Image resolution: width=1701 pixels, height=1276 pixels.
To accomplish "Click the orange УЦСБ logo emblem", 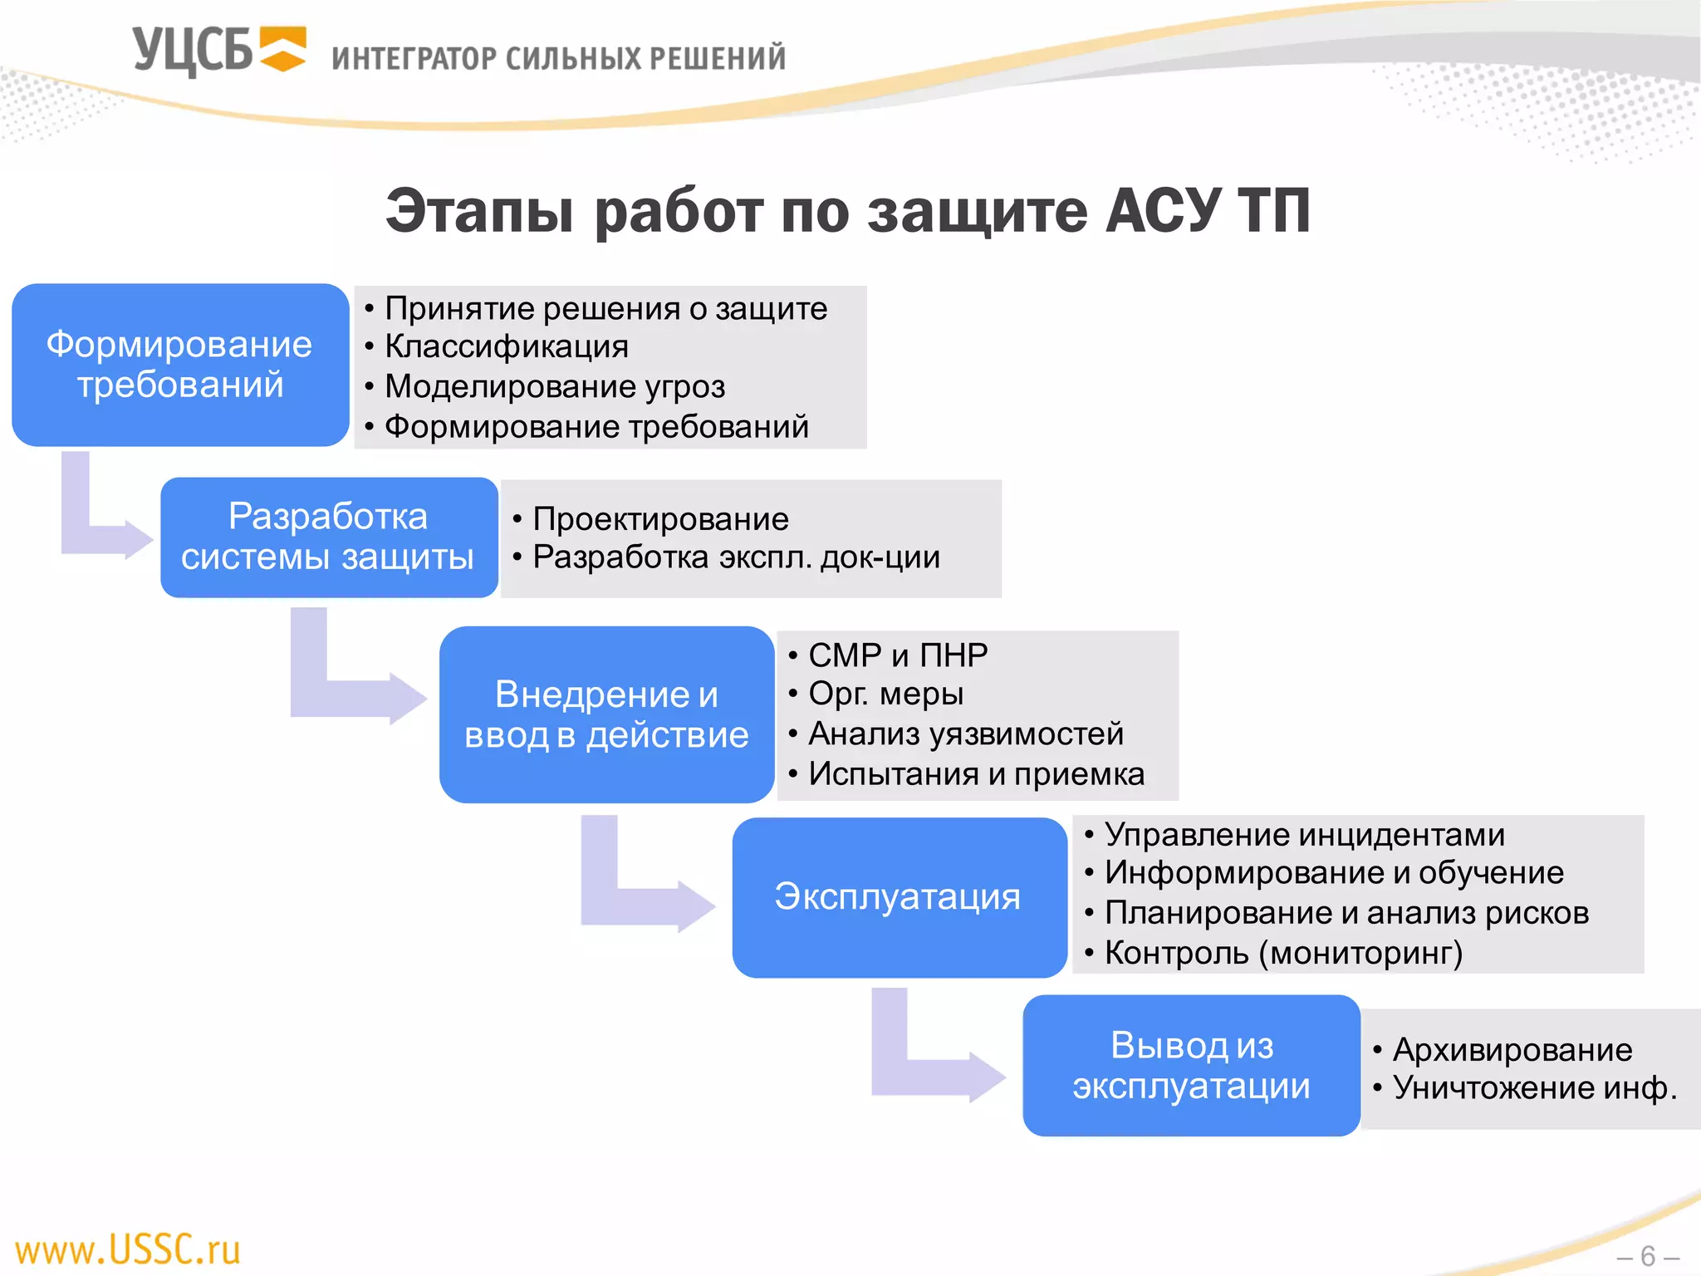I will tap(283, 49).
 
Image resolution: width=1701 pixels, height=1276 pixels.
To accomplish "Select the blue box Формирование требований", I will tap(180, 366).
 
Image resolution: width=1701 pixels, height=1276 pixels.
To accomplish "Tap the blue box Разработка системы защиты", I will tap(329, 537).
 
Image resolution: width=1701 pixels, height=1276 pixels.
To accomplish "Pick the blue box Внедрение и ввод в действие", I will tap(606, 714).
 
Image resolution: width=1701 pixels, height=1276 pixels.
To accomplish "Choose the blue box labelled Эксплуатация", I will tap(899, 897).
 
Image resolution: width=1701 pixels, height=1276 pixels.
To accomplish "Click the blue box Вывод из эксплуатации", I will tap(1191, 1066).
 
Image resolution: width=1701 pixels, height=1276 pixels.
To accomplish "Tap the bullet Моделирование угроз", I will tap(555, 387).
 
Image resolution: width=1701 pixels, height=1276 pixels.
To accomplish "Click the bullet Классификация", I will tap(507, 347).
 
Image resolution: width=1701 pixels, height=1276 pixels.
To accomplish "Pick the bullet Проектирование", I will tap(660, 519).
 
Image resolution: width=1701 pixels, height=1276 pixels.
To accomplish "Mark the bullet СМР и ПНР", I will tap(898, 655).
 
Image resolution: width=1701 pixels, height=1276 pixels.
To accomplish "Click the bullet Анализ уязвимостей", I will tap(966, 734).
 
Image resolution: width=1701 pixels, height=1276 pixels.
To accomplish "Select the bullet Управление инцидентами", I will tap(1304, 835).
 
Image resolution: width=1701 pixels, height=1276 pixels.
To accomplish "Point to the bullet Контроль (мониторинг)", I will tap(1283, 953).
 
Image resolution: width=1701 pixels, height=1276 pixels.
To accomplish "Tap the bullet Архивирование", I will tap(1512, 1050).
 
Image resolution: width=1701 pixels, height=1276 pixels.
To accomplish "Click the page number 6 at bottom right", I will tap(1648, 1256).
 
